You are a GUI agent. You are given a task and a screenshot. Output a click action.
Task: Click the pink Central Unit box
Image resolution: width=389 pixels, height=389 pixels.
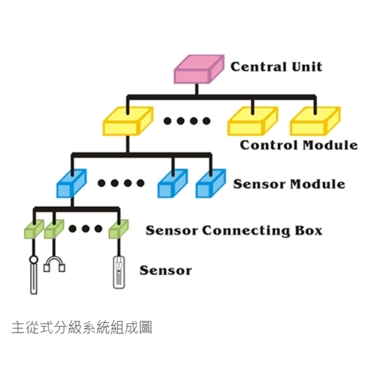tap(198, 69)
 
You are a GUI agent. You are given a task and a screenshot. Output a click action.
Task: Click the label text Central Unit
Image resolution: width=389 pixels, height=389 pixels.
tap(276, 66)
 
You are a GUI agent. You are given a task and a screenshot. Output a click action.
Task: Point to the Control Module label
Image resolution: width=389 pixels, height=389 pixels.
tap(299, 145)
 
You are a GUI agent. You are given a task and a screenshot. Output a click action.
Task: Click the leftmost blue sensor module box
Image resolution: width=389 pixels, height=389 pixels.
tap(71, 183)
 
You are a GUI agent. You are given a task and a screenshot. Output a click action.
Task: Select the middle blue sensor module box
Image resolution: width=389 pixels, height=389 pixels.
tap(172, 183)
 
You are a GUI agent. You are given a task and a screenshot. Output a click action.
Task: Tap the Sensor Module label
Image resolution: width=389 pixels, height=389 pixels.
tap(289, 183)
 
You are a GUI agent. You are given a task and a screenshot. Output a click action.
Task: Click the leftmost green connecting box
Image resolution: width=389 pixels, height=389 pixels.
tap(34, 229)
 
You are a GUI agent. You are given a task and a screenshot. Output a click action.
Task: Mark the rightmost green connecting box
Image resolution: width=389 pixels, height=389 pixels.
tap(118, 229)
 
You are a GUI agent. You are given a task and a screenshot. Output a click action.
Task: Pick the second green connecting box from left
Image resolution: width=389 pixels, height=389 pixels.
tap(54, 229)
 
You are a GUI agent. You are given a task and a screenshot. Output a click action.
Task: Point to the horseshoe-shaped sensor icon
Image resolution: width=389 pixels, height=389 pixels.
tap(54, 264)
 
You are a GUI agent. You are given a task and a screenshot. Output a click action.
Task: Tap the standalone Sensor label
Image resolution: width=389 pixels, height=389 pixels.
tap(165, 270)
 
